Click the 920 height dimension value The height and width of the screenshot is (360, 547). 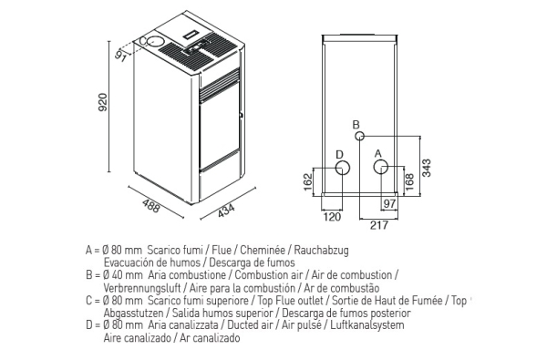pyautogui.click(x=103, y=101)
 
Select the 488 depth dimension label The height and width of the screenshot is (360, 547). pyautogui.click(x=151, y=205)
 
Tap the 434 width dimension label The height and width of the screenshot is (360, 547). pyautogui.click(x=226, y=211)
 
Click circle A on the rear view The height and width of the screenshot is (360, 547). pyautogui.click(x=381, y=167)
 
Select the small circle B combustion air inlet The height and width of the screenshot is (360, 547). pyautogui.click(x=360, y=136)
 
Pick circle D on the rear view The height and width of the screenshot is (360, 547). pyautogui.click(x=343, y=168)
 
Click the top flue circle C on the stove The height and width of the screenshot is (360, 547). pyautogui.click(x=154, y=42)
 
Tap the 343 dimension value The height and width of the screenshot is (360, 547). pyautogui.click(x=427, y=168)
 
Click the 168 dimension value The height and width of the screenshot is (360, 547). pyautogui.click(x=409, y=181)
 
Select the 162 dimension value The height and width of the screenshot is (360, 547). pyautogui.click(x=308, y=181)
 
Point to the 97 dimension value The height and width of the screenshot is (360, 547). pyautogui.click(x=388, y=203)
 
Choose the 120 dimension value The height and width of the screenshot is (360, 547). pyautogui.click(x=332, y=217)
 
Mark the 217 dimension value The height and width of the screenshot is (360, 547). pyautogui.click(x=379, y=225)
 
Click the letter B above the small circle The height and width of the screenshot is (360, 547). pyautogui.click(x=356, y=125)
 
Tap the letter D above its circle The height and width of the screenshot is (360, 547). pyautogui.click(x=339, y=155)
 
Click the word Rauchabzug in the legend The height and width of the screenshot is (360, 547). pyautogui.click(x=321, y=250)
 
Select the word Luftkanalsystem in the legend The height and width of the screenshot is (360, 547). pyautogui.click(x=367, y=325)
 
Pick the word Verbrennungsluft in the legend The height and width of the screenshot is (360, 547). pyautogui.click(x=142, y=288)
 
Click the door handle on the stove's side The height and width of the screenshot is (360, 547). pyautogui.click(x=241, y=114)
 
